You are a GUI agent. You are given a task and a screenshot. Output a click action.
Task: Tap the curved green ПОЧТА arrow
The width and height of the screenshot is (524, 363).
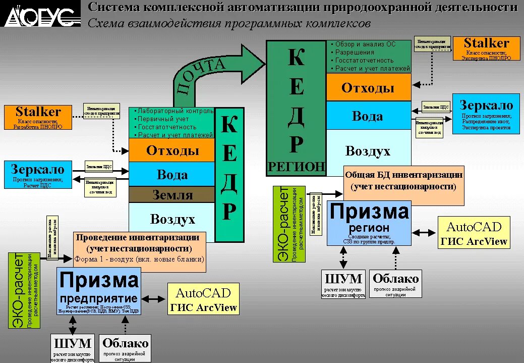(x=212, y=71)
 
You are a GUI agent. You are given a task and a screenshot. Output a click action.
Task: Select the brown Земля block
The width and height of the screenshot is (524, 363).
(x=172, y=194)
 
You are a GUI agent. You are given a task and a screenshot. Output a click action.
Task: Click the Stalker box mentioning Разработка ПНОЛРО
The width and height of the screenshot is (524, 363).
(x=38, y=117)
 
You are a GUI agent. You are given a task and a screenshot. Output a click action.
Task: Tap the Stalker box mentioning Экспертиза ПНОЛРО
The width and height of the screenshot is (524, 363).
(x=486, y=49)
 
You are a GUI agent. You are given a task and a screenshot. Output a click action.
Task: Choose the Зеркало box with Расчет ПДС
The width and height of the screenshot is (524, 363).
(x=38, y=175)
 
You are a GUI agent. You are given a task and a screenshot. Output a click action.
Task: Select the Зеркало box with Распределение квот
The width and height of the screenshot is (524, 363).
(x=486, y=113)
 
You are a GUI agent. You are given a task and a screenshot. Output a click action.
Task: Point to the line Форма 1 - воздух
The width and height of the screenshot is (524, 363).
(x=139, y=259)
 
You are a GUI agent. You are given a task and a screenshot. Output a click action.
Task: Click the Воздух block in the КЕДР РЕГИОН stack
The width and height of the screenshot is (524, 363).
(x=368, y=151)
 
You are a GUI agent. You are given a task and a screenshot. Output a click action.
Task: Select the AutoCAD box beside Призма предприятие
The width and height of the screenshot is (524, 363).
(x=203, y=299)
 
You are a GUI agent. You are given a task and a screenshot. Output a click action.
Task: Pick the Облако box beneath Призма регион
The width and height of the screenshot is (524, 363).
(x=395, y=284)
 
